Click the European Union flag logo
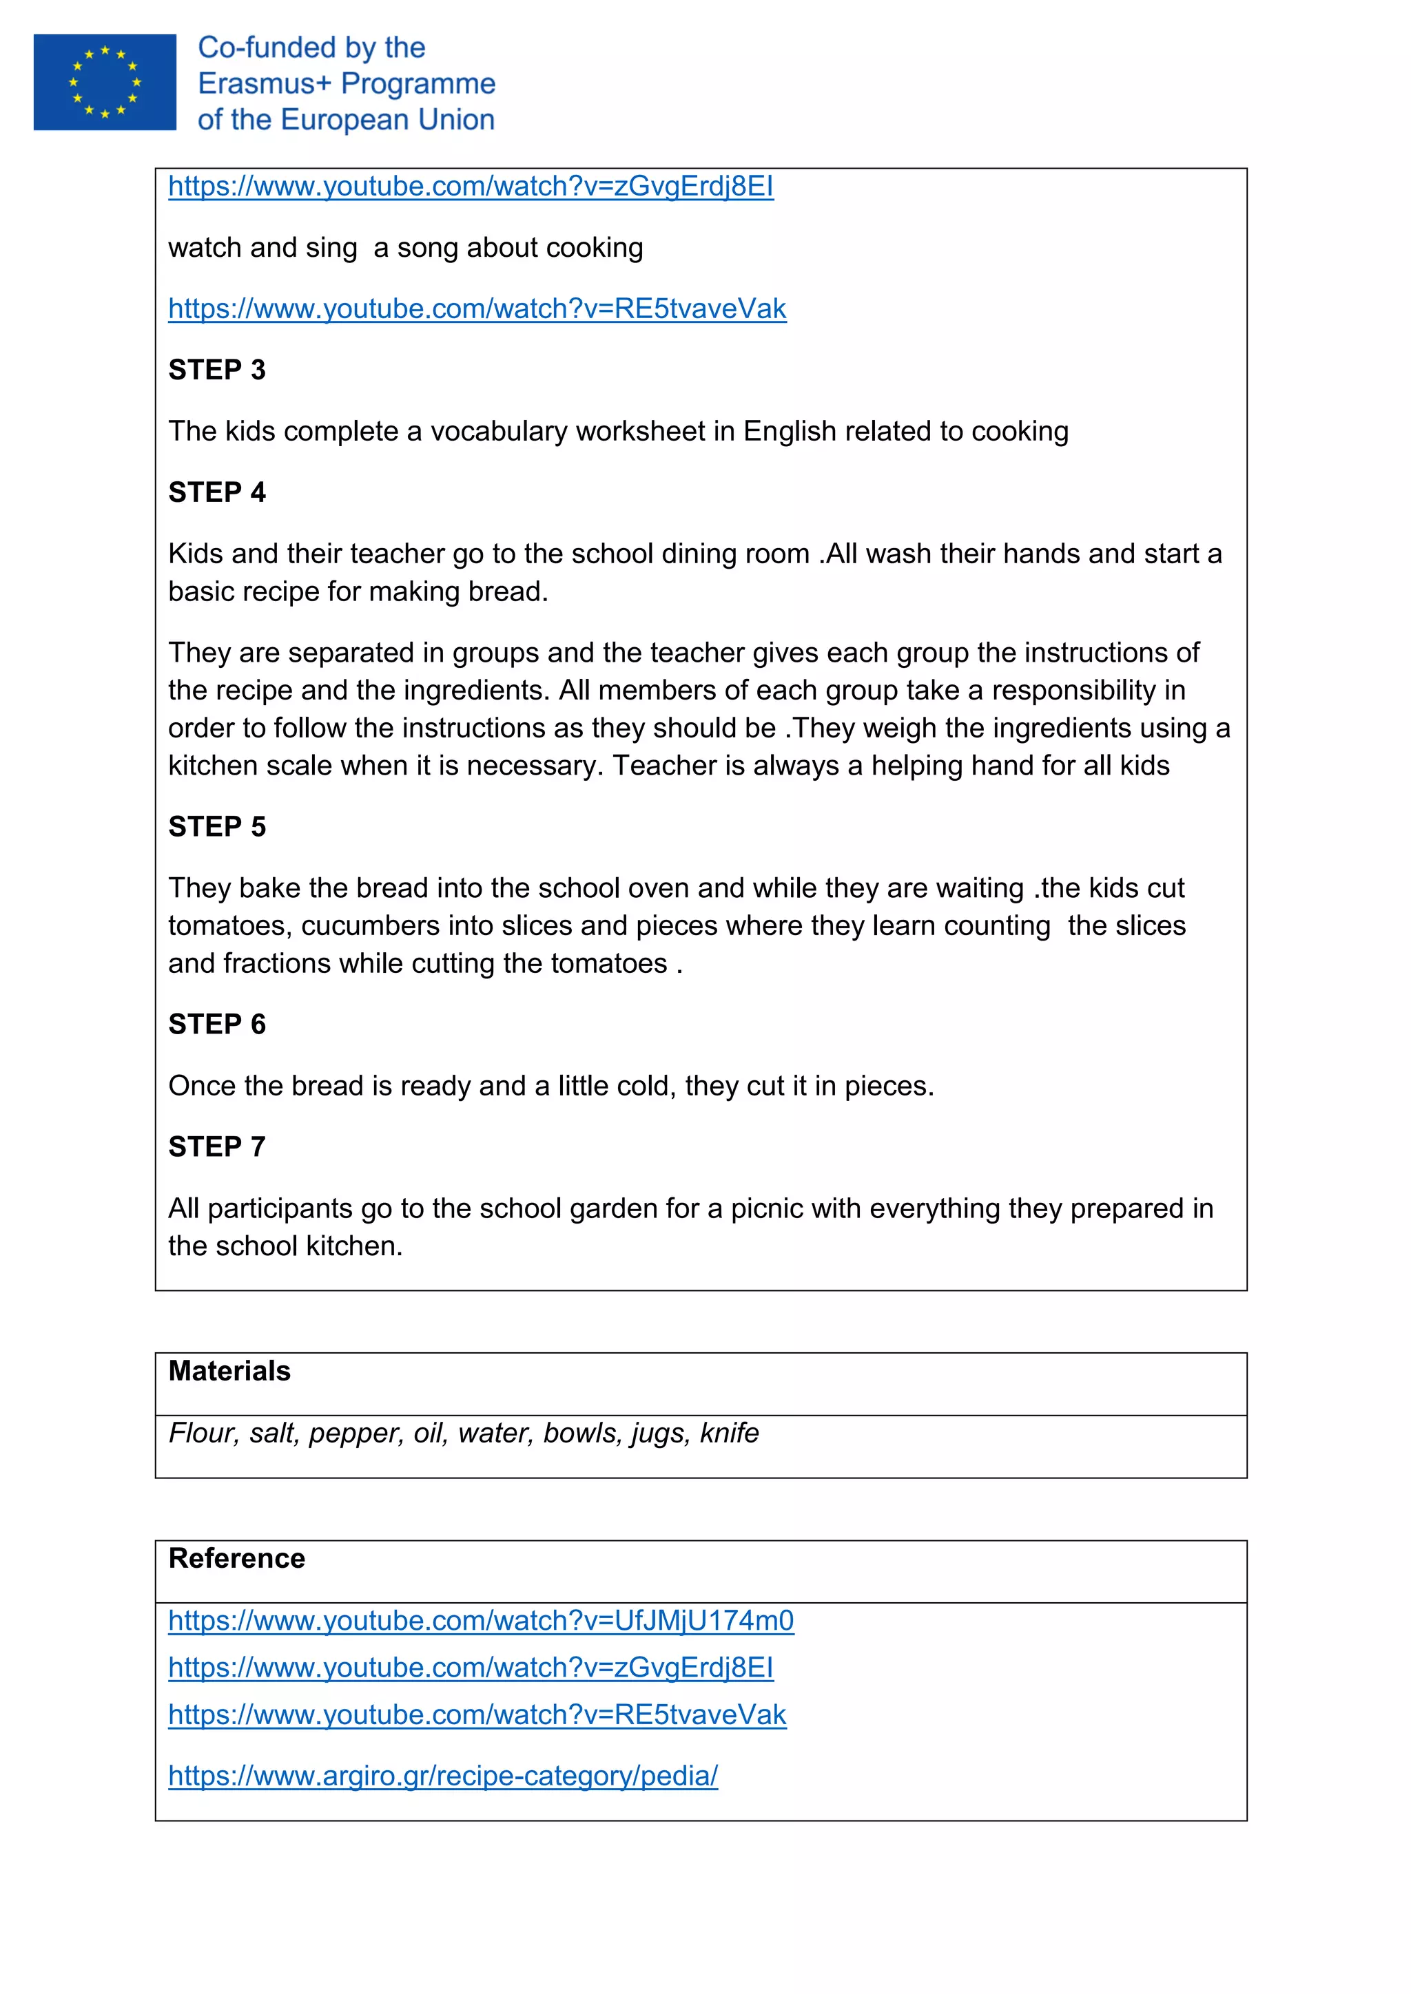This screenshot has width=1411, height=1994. tap(104, 83)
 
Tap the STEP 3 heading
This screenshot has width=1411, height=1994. tap(216, 370)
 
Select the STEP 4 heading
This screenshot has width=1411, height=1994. tap(216, 492)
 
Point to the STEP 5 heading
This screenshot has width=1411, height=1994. tap(216, 827)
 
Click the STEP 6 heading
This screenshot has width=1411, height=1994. tap(216, 1025)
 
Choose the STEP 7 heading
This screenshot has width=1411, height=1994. tap(216, 1147)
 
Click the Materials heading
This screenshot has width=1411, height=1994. tap(229, 1372)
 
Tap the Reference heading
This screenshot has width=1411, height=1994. tap(236, 1559)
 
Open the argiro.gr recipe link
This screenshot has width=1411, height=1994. tap(443, 1776)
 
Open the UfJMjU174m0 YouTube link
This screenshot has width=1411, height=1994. tap(480, 1622)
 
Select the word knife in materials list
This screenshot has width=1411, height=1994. tap(729, 1434)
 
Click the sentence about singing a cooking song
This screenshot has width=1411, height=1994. tap(406, 249)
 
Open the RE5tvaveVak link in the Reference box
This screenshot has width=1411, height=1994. tap(477, 1715)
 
